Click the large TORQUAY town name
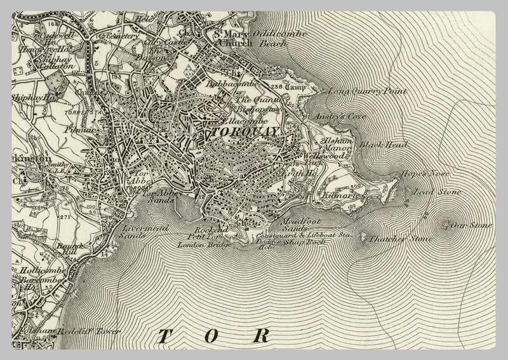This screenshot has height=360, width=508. [244, 132]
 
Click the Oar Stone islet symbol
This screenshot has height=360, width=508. [446, 224]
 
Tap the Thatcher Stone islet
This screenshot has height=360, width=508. [364, 238]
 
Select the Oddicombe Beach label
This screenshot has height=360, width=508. [279, 38]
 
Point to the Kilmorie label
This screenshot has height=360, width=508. [342, 197]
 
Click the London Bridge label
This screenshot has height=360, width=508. [199, 244]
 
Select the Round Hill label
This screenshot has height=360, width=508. [69, 250]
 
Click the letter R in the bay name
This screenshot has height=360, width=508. [260, 337]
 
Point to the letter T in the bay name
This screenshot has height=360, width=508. [164, 337]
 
